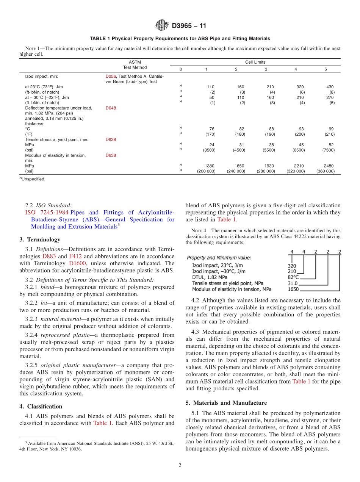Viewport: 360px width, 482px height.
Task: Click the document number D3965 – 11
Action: [189, 26]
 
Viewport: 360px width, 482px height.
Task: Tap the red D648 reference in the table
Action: [111, 108]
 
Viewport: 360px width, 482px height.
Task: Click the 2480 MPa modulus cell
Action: [328, 166]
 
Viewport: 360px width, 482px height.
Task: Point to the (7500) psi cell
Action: [328, 150]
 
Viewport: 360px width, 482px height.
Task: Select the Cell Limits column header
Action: [255, 62]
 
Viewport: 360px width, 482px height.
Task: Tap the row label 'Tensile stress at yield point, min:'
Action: [56, 139]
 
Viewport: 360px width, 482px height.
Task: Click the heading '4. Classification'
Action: [41, 406]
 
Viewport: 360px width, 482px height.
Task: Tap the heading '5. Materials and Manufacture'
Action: [226, 403]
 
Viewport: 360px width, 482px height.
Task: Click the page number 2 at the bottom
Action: [180, 465]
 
